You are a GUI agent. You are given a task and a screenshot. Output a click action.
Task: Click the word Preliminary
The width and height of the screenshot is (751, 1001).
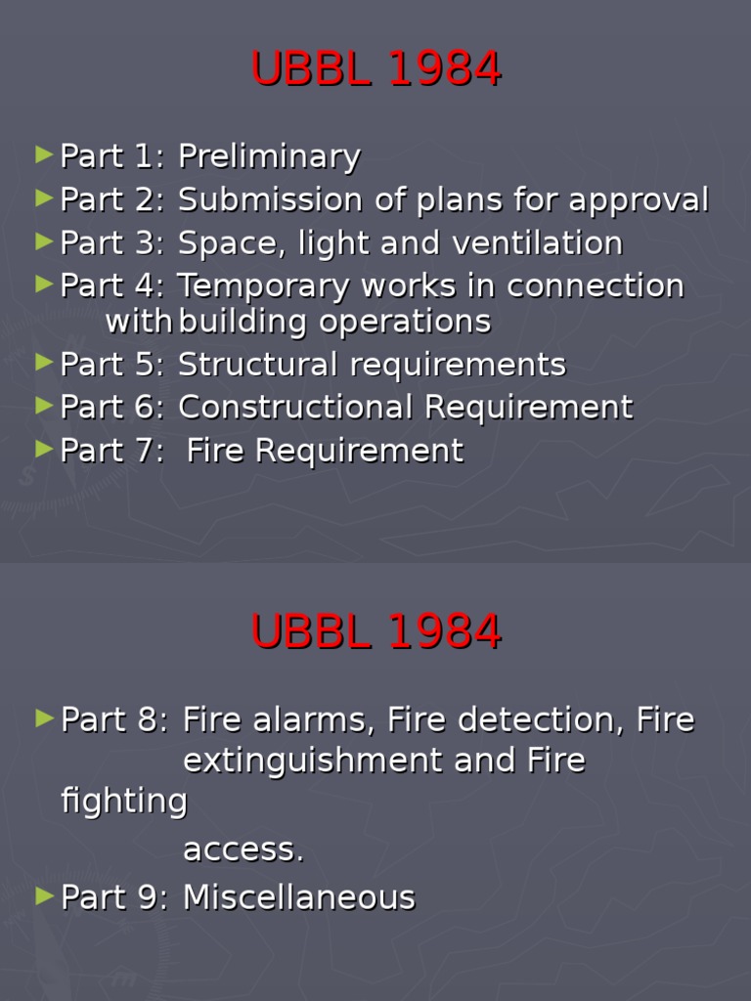coord(269,157)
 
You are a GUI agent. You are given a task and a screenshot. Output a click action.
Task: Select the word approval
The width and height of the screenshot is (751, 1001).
coord(640,200)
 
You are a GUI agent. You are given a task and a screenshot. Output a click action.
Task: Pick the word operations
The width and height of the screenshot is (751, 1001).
coord(410,322)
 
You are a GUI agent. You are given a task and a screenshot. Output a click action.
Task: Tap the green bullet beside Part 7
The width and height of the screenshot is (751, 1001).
coord(43,448)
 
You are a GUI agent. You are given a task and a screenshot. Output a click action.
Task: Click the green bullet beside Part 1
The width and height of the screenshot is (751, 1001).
coord(43,153)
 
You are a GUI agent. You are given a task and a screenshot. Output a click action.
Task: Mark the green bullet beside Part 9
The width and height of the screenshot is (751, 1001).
coord(43,894)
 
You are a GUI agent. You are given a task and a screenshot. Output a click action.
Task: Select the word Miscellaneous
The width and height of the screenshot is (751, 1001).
coord(299,897)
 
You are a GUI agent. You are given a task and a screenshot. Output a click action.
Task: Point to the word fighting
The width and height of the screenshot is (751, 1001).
coord(124,802)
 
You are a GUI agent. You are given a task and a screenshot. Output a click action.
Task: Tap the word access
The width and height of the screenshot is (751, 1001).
coord(243,849)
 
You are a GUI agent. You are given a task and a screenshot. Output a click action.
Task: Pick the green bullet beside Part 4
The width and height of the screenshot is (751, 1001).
coord(43,283)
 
